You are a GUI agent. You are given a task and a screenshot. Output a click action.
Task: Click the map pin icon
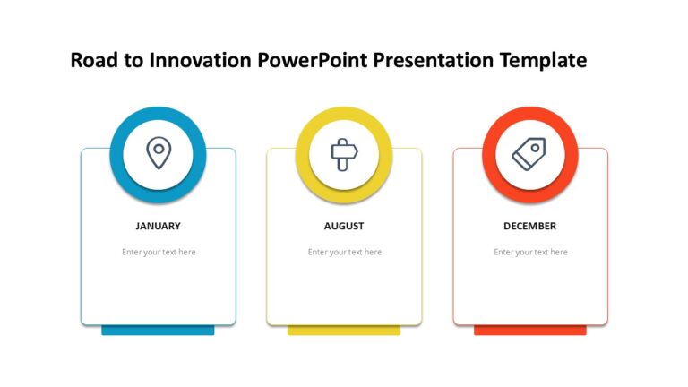pos(158,153)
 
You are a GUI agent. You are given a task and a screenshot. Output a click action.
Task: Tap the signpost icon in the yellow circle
pos(344,154)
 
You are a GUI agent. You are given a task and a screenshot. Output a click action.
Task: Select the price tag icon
pos(529,154)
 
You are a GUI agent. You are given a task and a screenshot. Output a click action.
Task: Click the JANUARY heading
pos(158,226)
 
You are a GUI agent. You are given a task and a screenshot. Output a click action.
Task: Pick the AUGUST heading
pos(344,226)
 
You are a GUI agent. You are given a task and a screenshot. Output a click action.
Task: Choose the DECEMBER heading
pos(529,226)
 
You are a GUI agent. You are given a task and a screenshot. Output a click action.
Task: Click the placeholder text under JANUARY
pos(159,252)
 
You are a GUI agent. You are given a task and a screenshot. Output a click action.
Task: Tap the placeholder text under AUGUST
pos(345,252)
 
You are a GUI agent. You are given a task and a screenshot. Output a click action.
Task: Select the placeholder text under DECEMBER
pos(530,252)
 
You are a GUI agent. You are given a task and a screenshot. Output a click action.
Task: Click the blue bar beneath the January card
pos(158,331)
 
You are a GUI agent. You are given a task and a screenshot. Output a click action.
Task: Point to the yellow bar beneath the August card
pos(343,331)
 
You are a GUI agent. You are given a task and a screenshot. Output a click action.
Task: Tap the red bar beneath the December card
pos(529,331)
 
